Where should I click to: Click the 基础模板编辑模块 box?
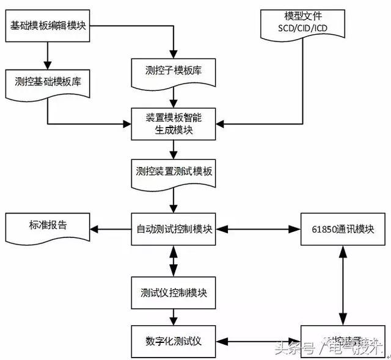pos(48,26)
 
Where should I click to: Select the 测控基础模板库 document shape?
pos(48,81)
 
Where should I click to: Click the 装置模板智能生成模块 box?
pos(174,123)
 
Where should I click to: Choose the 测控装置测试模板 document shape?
pos(174,171)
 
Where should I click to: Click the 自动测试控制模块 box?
pos(174,229)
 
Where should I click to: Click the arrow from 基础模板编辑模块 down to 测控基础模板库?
pos(48,54)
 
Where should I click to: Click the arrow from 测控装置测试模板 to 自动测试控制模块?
pos(174,200)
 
